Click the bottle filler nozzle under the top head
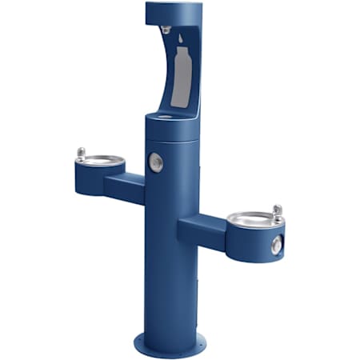pos(165,30)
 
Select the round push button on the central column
pos(156,162)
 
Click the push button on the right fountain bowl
pos(276,246)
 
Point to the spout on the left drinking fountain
pos(80,153)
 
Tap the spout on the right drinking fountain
pos(277,212)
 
